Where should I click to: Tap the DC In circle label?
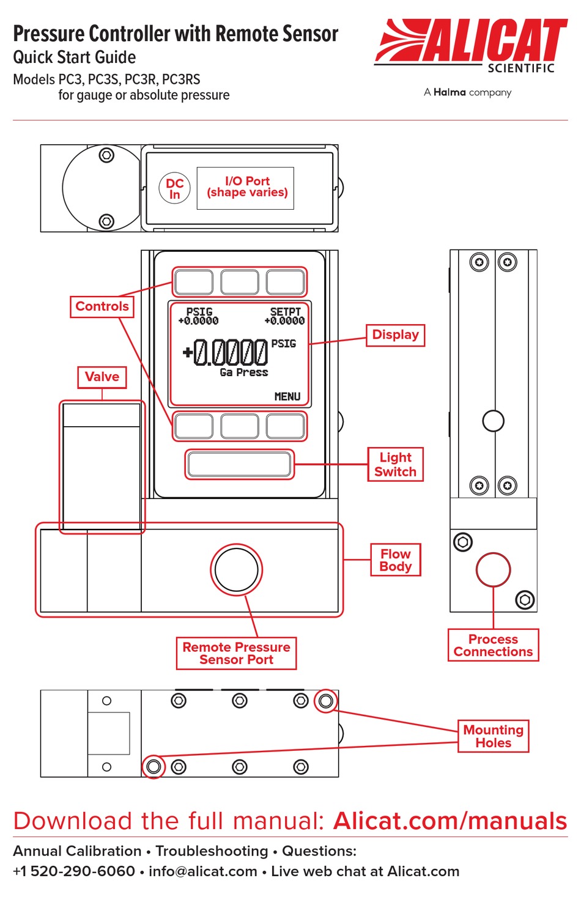(175, 188)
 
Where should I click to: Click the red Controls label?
(102, 306)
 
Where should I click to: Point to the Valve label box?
(102, 377)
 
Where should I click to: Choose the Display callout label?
(395, 335)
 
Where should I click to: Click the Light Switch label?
(395, 465)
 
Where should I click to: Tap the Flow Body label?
(395, 560)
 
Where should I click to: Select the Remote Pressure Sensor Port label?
(236, 653)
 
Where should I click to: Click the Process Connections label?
(493, 646)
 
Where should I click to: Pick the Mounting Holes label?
(493, 736)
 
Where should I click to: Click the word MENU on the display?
(287, 397)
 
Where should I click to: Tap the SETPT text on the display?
(285, 312)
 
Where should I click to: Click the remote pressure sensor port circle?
(236, 569)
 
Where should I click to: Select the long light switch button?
(239, 464)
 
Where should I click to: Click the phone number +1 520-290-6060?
(74, 871)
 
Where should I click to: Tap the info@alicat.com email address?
(202, 871)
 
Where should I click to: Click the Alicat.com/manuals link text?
(450, 821)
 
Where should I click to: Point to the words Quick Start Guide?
(75, 57)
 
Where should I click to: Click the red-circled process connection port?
(493, 569)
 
